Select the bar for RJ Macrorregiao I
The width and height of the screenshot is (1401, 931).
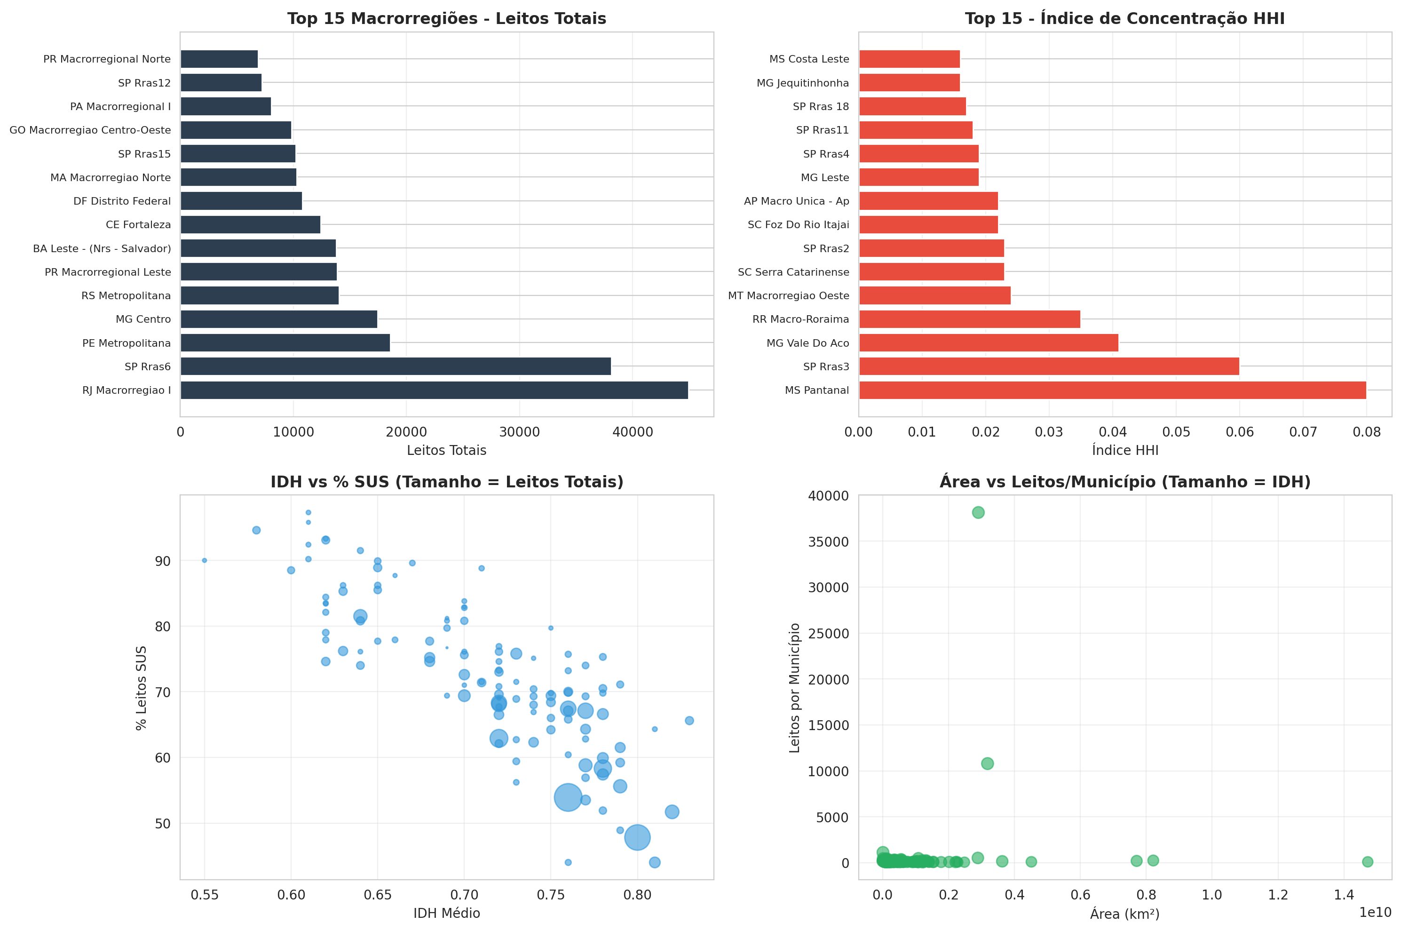[434, 390]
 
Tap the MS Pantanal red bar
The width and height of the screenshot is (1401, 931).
[1112, 390]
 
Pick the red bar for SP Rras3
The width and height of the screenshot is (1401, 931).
[1049, 366]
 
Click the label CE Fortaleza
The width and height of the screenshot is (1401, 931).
[138, 224]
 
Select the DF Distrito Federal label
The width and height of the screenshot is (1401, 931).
[122, 201]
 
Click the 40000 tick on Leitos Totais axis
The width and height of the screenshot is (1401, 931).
[632, 432]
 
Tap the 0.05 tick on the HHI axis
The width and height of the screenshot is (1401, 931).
[1176, 432]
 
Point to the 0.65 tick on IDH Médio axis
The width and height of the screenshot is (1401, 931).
[377, 895]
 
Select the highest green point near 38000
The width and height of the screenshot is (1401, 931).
[978, 512]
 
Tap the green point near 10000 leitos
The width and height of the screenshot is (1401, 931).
[987, 764]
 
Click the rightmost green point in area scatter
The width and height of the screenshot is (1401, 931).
[1367, 861]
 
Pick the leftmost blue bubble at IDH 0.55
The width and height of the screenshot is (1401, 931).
[204, 560]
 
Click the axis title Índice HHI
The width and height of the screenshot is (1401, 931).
[1124, 451]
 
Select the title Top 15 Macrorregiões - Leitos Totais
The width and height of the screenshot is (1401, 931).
[446, 18]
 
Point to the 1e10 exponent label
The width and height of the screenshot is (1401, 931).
[1374, 913]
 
